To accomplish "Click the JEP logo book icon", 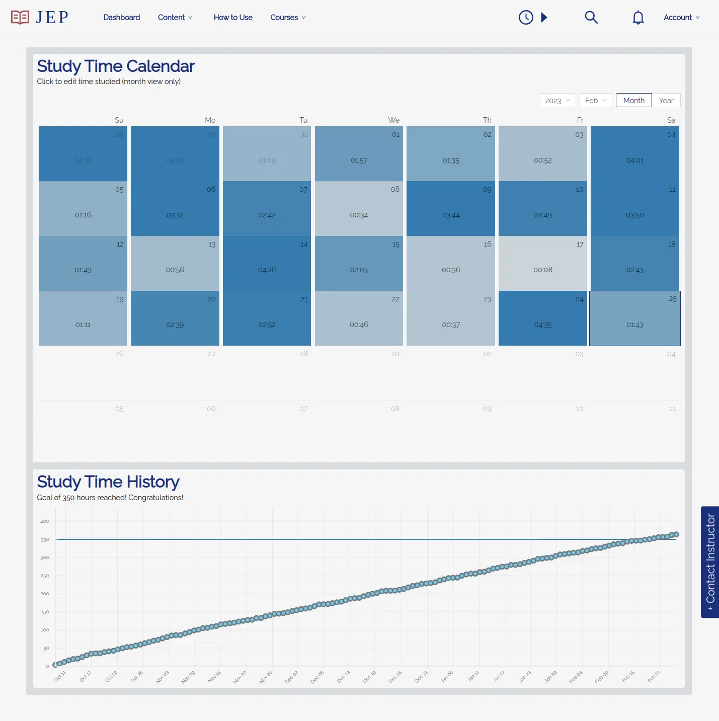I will tap(20, 18).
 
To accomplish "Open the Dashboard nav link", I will tap(122, 18).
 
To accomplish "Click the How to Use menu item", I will tap(233, 18).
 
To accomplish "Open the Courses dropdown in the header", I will tap(288, 18).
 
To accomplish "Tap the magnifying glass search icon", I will tap(591, 18).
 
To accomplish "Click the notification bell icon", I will tap(638, 18).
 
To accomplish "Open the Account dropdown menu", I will tap(681, 18).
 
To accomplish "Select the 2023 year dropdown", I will tap(557, 101).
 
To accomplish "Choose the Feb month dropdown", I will tap(596, 101).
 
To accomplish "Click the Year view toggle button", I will tap(666, 101).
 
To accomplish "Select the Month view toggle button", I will tap(633, 101).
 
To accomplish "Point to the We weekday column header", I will tap(393, 120).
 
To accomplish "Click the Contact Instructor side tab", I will tap(710, 562).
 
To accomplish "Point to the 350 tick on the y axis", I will tap(45, 540).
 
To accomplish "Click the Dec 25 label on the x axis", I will tap(395, 677).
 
